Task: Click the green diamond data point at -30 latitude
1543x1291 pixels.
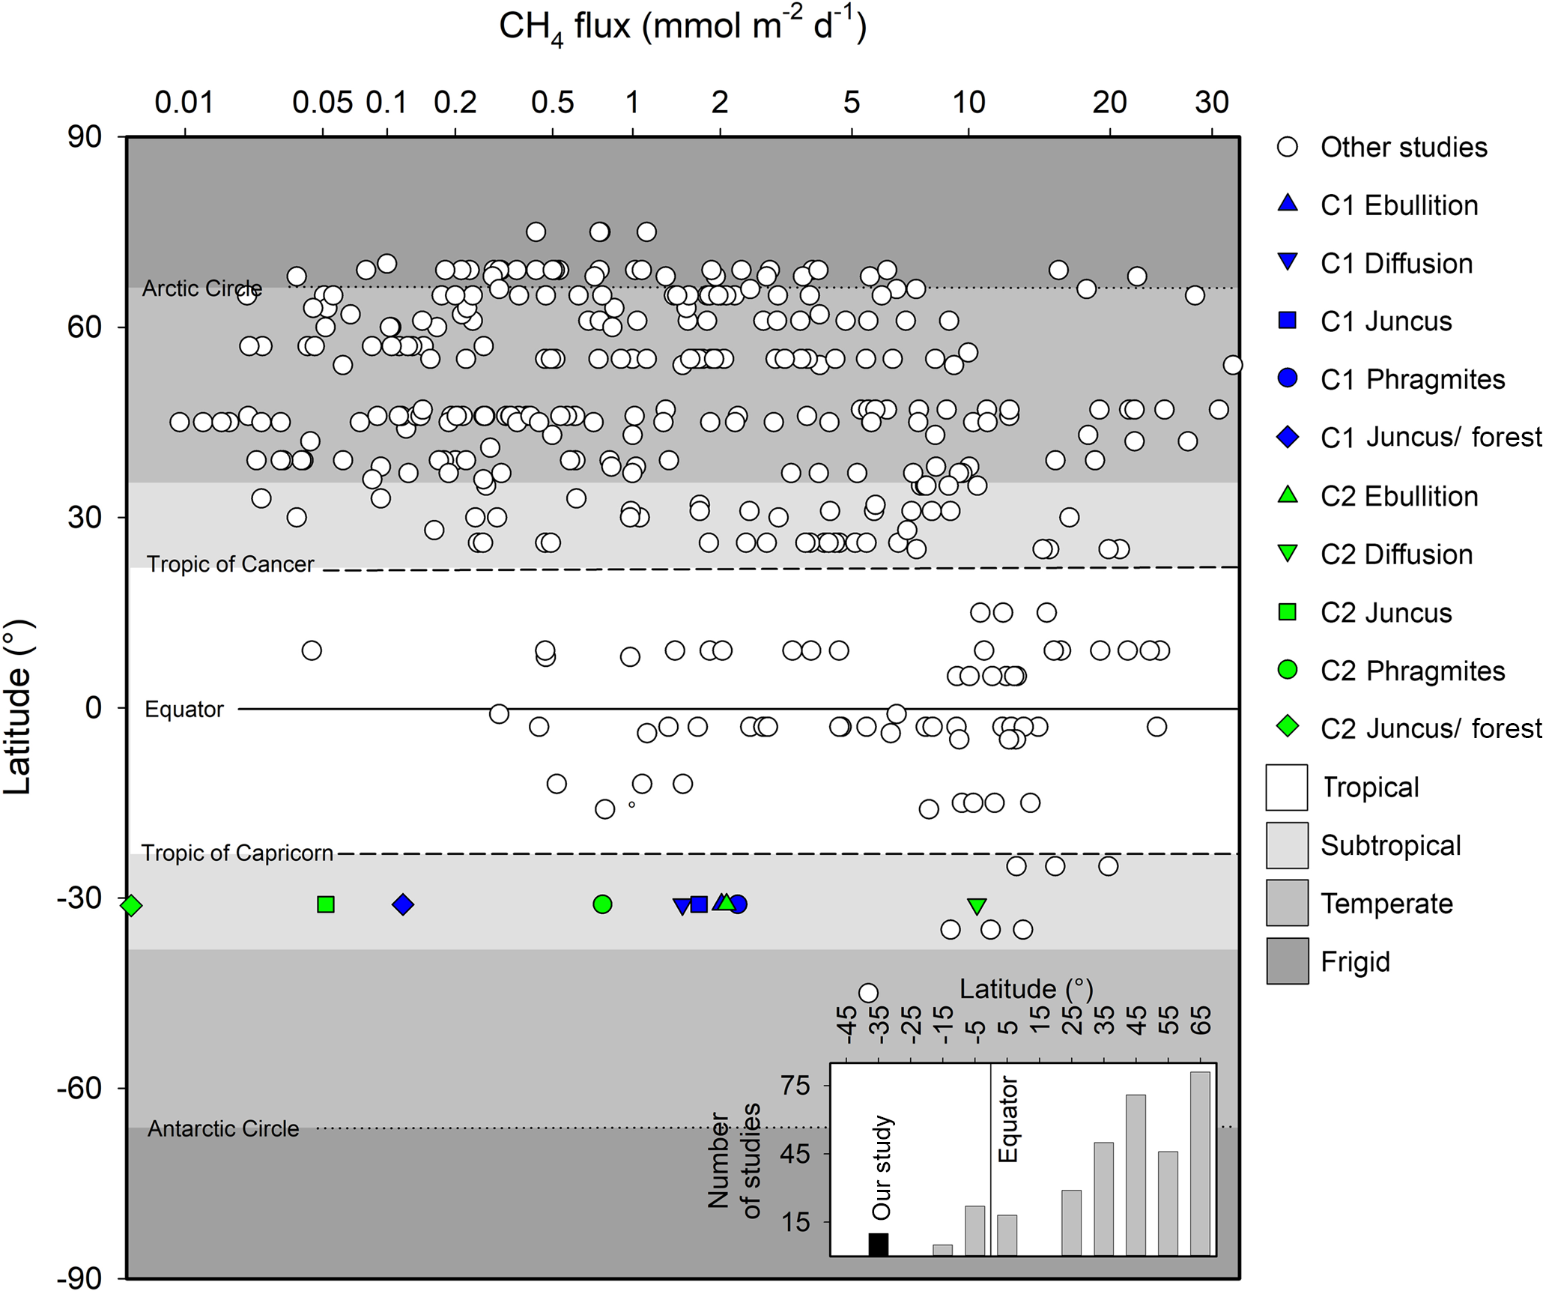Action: [131, 905]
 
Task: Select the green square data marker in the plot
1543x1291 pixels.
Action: [326, 904]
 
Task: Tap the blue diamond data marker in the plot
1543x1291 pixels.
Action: [403, 904]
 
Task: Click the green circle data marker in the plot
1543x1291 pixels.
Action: [602, 904]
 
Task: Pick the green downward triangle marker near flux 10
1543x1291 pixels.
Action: [977, 906]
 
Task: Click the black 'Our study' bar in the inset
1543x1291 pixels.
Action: [879, 1244]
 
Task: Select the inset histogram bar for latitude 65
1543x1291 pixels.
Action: [1200, 1163]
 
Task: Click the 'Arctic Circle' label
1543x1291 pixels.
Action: [202, 288]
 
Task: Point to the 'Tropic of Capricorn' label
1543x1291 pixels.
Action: [237, 853]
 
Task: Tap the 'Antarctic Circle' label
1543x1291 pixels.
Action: [223, 1128]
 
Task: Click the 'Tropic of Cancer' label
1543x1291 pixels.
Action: [231, 564]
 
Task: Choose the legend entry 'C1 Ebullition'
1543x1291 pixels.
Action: [1398, 205]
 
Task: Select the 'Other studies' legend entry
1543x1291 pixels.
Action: [1403, 148]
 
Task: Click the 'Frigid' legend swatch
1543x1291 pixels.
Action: [1288, 961]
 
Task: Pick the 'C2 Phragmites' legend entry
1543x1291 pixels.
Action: [1412, 671]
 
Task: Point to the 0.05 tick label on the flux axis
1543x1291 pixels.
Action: [322, 103]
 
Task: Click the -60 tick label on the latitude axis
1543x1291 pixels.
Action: [79, 1087]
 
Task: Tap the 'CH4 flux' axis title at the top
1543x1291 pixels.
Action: [682, 28]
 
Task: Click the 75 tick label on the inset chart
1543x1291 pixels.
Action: [795, 1085]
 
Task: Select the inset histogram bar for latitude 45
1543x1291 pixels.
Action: [1136, 1174]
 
